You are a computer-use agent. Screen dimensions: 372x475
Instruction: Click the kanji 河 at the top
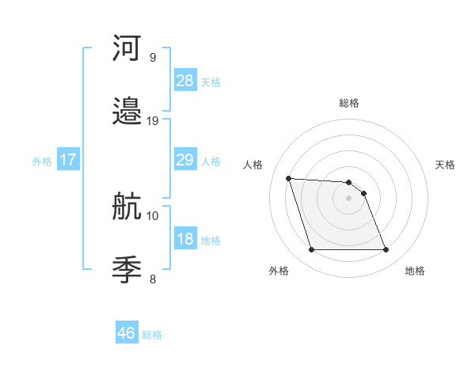(127, 48)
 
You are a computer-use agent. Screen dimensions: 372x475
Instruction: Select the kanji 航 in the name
(127, 207)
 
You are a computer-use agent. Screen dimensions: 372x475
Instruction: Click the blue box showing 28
(185, 80)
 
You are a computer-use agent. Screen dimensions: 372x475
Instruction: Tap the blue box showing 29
(185, 160)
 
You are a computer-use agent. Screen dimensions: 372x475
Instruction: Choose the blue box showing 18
(185, 239)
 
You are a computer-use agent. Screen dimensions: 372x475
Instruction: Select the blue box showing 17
(68, 160)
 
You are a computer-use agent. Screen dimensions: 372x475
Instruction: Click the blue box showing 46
(127, 333)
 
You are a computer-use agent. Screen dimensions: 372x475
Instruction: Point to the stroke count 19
(153, 121)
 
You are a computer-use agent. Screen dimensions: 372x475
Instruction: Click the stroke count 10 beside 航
(153, 215)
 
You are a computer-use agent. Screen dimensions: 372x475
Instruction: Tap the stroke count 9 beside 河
(153, 57)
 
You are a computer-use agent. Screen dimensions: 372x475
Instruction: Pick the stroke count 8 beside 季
(153, 279)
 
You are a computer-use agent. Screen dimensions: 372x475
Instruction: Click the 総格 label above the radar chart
(349, 103)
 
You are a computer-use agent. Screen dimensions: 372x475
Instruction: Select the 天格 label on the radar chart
(445, 165)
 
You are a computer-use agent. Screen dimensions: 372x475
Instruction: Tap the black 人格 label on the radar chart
(253, 165)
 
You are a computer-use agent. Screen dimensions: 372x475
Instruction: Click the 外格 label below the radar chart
(279, 271)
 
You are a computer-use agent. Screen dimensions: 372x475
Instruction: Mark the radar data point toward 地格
(386, 250)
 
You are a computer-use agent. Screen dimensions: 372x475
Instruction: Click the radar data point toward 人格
(288, 178)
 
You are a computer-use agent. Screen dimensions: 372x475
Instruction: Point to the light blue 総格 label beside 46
(152, 335)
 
